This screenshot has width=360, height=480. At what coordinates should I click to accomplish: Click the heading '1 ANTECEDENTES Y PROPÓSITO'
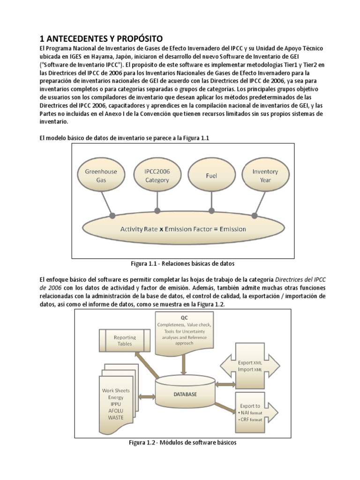pos(101,38)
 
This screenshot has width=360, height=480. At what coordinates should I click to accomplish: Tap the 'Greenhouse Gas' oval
pos(101,175)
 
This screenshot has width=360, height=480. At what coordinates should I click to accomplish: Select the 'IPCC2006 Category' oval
pos(157,175)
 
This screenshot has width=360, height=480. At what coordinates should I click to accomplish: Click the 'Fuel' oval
pos(211,176)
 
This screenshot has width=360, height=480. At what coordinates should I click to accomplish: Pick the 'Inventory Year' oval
pos(265,175)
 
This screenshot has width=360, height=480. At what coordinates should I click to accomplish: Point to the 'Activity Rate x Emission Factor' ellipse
pos(183,229)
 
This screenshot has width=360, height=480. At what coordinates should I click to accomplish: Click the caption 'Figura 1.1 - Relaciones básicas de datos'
pos(182,263)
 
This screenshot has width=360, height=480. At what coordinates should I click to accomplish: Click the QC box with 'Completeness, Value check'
pos(184,330)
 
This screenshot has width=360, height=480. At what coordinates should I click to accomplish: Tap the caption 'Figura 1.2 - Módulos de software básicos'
pos(183,442)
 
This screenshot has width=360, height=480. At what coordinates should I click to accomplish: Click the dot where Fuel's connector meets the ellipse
pos(211,210)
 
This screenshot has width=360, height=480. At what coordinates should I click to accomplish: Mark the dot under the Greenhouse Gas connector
pos(112,216)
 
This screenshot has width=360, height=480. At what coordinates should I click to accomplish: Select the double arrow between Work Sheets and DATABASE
pos(147,397)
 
